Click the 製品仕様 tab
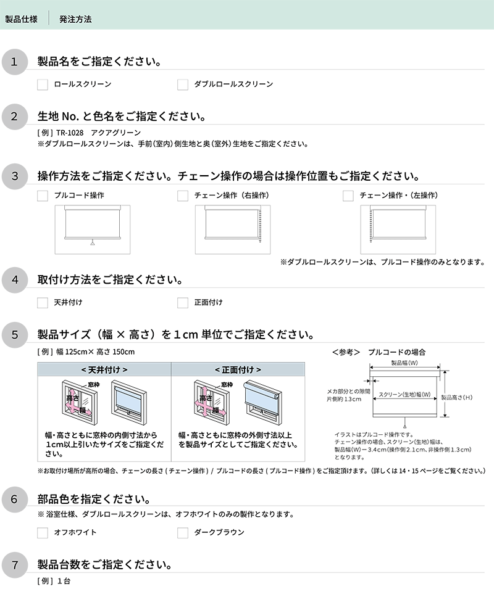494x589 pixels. (21, 19)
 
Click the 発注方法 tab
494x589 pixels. (75, 19)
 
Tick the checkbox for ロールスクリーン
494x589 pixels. (43, 84)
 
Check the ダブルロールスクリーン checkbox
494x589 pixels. (183, 84)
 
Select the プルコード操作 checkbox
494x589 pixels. (43, 196)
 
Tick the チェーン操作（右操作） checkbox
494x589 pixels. (183, 196)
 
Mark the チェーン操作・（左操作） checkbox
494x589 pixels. (348, 196)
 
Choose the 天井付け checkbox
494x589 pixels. (43, 303)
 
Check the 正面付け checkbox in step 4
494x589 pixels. (183, 303)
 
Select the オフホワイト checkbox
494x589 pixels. (43, 532)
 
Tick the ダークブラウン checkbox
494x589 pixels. (183, 532)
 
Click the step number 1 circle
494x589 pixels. (15, 62)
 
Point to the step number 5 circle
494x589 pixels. (15, 335)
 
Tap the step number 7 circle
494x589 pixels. (15, 564)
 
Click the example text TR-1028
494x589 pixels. (70, 133)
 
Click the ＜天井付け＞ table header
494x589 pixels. (104, 369)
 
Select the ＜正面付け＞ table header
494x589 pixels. (238, 369)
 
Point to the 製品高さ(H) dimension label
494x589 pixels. (458, 398)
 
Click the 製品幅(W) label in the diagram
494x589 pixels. (404, 363)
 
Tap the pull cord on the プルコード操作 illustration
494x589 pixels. (92, 243)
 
